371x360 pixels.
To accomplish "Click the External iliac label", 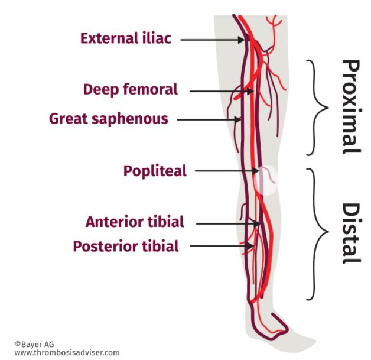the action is (126, 39).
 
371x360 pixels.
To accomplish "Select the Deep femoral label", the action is (130, 90).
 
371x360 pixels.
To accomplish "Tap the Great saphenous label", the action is (109, 119).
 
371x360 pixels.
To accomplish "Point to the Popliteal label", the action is (155, 171).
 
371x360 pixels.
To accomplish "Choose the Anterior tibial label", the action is (135, 223).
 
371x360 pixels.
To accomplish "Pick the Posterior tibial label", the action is (126, 246).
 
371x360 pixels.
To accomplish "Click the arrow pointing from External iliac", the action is (213, 40).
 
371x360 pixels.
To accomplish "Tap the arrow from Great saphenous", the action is (207, 119).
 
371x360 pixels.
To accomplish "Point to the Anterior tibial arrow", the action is (227, 223).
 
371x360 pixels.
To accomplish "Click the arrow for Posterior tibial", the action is (222, 246).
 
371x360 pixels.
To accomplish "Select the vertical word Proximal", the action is (352, 106).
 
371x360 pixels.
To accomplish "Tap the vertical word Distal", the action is (352, 233).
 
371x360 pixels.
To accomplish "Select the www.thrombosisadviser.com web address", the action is (66, 353).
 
